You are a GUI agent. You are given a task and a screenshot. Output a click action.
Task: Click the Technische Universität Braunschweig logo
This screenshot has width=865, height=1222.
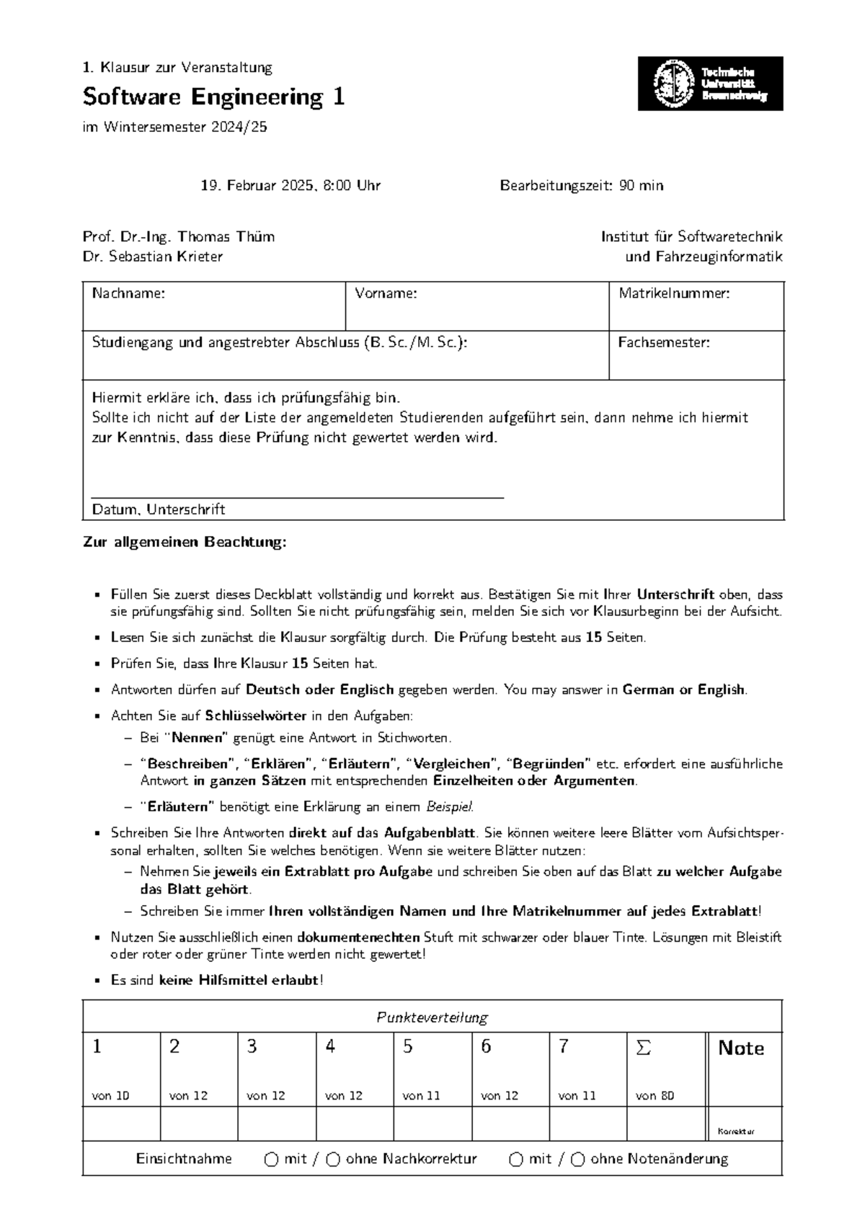coord(710,84)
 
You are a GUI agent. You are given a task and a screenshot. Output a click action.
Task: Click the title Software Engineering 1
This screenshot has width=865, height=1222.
coord(213,97)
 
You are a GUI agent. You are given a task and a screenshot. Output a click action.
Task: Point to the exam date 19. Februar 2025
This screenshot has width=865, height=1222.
coord(257,186)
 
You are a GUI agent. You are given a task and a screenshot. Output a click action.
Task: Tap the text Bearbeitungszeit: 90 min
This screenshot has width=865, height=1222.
coord(582,186)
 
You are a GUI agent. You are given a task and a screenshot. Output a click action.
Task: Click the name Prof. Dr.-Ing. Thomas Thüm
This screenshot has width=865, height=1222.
coord(178,236)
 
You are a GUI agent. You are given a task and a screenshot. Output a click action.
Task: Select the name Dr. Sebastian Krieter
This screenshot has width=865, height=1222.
coord(153,257)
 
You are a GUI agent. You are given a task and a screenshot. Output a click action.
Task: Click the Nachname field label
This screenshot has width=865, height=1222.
coord(128,293)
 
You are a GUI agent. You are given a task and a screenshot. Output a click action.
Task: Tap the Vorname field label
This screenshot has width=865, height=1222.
coord(386,293)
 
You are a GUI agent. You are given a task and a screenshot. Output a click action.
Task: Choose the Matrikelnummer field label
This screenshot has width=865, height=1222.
coord(674,293)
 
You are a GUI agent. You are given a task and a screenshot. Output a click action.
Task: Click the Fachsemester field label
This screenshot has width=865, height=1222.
coord(663,343)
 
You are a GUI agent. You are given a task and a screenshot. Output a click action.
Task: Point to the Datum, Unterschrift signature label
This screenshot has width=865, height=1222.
coord(159,509)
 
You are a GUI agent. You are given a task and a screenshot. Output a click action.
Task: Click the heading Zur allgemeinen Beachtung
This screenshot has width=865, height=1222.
coord(185,542)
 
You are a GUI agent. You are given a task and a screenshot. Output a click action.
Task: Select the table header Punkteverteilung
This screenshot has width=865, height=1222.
coord(432,1017)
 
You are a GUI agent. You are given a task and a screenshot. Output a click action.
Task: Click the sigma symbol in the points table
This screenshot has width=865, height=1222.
coord(643,1048)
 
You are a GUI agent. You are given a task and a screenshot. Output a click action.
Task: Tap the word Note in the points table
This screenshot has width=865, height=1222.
coord(741,1048)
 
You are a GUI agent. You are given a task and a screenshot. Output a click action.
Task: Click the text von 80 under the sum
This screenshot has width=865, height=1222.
coord(655,1096)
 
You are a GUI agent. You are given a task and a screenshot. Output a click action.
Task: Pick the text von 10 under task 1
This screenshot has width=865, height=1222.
coord(110,1096)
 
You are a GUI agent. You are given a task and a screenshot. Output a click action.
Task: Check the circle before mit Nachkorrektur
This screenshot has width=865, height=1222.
coord(271,1159)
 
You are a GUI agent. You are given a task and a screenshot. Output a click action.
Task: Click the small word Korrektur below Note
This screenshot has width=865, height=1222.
coord(736,1132)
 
